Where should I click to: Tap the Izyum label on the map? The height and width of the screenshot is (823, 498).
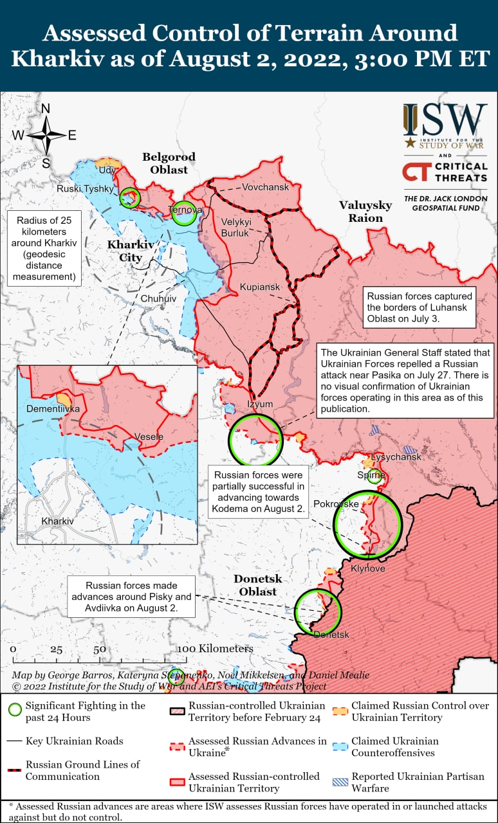tap(260, 404)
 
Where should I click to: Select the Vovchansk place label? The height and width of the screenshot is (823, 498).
tap(266, 187)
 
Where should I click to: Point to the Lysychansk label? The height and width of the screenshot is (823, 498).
tap(396, 457)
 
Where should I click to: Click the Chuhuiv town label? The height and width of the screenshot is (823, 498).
tap(158, 299)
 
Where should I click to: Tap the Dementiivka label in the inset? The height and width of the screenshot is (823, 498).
tap(53, 408)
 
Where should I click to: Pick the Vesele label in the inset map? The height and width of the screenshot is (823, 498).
tap(149, 437)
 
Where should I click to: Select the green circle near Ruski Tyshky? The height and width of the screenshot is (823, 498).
tap(130, 197)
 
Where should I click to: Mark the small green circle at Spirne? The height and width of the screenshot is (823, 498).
tap(375, 476)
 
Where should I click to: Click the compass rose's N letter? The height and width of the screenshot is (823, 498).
tap(46, 109)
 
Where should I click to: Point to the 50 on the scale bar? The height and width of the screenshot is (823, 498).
tap(100, 649)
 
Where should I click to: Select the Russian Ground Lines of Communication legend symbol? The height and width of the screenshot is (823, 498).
tap(14, 770)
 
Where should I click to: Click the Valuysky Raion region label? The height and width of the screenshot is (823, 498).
tap(365, 212)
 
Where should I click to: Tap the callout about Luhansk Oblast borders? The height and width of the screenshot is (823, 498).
tap(420, 307)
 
